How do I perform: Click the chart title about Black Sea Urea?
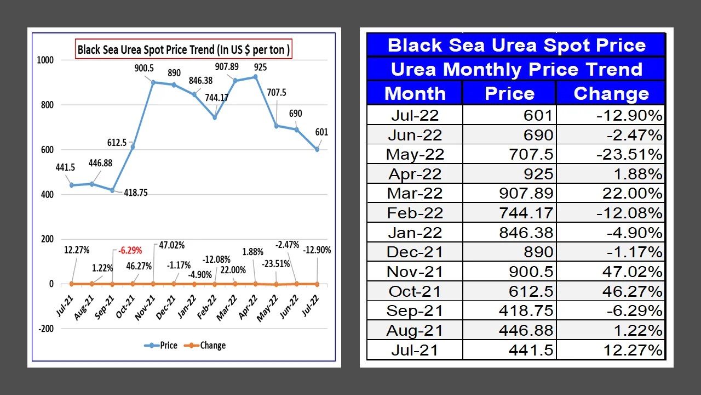[x=183, y=49]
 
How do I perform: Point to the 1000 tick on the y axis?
[x=45, y=60]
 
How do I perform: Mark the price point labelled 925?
[x=255, y=77]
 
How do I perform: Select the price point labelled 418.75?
[x=112, y=190]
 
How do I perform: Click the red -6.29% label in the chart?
[x=130, y=250]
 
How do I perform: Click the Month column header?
[x=415, y=93]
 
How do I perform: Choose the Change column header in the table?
[x=611, y=93]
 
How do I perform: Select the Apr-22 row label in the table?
[x=415, y=174]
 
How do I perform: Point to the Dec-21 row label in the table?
[x=415, y=252]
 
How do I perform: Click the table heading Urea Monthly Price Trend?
[x=516, y=69]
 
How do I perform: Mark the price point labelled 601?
[x=317, y=149]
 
